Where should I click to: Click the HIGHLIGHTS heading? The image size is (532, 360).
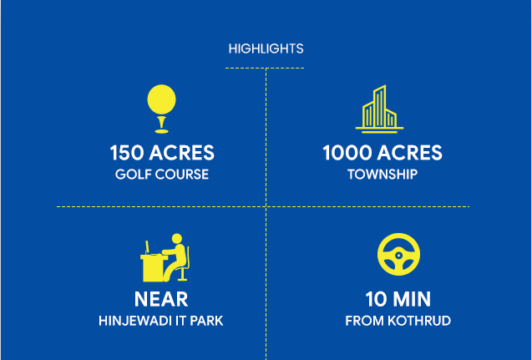[x=266, y=48]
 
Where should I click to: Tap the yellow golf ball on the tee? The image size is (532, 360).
[x=161, y=99]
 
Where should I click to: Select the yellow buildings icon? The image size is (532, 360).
[x=379, y=109]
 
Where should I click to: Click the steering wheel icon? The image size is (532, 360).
[x=398, y=254]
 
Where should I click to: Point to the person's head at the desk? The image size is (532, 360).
[x=177, y=239]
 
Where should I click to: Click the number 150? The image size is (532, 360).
[x=127, y=153]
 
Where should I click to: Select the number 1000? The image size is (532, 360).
[x=347, y=153]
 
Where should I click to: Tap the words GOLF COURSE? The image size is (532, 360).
[x=162, y=175]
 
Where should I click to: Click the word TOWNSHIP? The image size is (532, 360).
[x=383, y=175]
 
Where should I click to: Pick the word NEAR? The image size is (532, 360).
[x=161, y=299]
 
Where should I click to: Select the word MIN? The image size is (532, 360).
[x=411, y=299]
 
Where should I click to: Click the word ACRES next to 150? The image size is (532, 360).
[x=182, y=153]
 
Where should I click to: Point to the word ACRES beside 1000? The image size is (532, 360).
[x=410, y=153]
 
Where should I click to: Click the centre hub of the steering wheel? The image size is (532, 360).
[x=398, y=255]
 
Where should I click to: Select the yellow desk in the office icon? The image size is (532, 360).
[x=153, y=268]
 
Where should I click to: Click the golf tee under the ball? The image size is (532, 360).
[x=161, y=124]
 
